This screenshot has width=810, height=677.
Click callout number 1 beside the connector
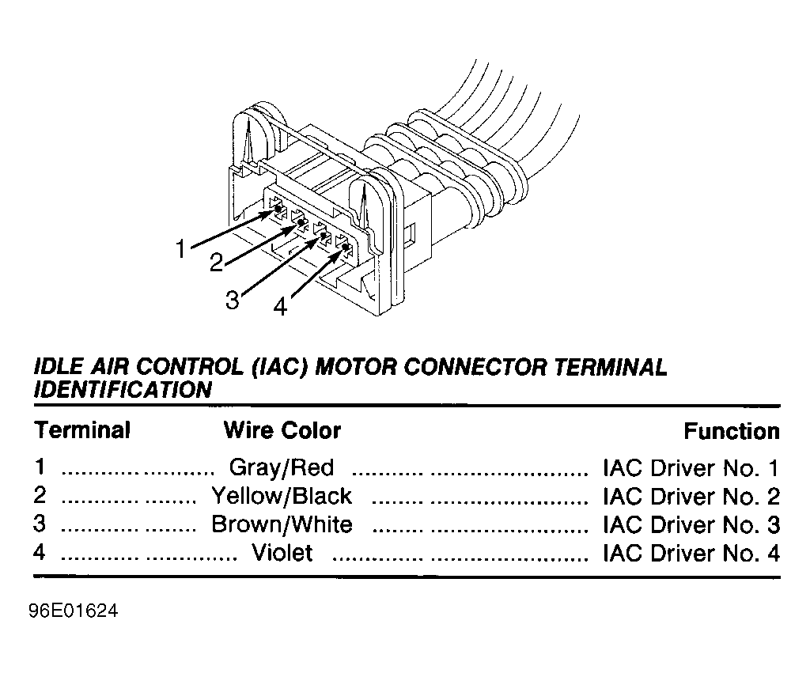pos(180,249)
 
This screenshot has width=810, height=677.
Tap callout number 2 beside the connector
pos(217,263)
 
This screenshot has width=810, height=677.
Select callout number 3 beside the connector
pos(233,300)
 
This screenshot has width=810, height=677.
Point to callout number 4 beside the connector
pos(280,307)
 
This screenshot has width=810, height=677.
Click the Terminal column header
pos(82,430)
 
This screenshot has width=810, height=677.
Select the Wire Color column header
pos(282,430)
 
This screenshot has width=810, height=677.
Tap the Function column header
pos(732,431)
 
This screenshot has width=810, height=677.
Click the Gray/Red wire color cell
pos(282,468)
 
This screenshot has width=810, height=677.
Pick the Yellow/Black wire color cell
pos(282,496)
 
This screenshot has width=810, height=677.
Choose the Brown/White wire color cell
pos(282,524)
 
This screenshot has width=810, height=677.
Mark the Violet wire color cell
pos(282,553)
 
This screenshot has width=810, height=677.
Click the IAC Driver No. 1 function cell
pos(691,468)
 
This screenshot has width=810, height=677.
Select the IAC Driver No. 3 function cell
pos(691,524)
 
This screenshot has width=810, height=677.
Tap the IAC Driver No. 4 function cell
pos(691,553)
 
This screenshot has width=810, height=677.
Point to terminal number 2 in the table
pos(40,495)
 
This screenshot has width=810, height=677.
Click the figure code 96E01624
pos(74,611)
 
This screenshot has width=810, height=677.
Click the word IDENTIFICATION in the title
pos(123,389)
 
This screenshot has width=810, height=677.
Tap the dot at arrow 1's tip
pos(278,209)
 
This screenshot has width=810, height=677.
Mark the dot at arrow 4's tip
pos(346,247)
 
